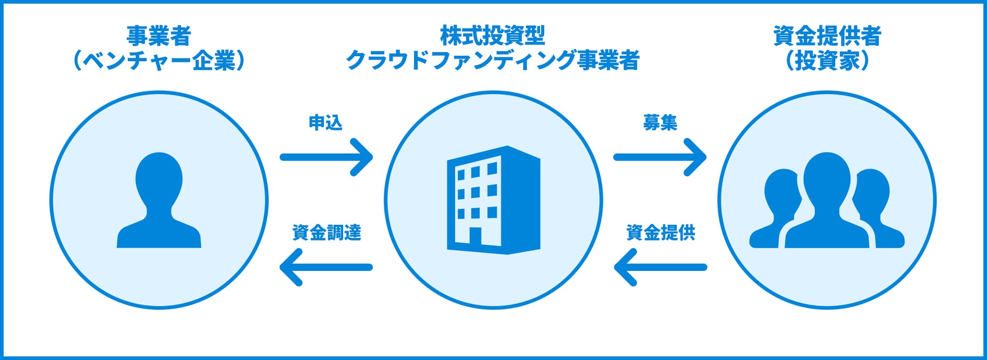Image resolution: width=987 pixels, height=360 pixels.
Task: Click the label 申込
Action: point(325,123)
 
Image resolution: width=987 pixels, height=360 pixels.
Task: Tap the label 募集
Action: point(660,123)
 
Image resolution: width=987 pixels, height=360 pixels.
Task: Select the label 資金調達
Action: point(326,233)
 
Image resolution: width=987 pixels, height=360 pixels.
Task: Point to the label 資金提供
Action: point(661,233)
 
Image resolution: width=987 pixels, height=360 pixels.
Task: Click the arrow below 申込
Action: point(326,157)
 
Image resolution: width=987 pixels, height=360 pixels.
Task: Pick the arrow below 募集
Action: point(660,157)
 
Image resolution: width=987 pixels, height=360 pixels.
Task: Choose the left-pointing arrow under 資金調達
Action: point(326,267)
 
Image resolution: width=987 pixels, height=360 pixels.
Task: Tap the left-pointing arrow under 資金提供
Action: point(660,267)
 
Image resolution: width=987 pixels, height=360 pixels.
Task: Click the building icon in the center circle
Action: point(493,200)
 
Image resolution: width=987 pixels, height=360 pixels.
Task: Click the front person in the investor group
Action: point(827,203)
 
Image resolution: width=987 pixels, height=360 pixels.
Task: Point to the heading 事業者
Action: point(158,36)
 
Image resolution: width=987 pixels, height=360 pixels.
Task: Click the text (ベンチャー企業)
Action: point(158,61)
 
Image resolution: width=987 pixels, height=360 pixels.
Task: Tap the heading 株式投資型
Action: point(492,36)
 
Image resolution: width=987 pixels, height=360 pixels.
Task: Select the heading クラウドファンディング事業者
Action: point(492,60)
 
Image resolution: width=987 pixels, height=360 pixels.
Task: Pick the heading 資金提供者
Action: point(827,36)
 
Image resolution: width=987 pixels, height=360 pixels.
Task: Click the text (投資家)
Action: point(827,61)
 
